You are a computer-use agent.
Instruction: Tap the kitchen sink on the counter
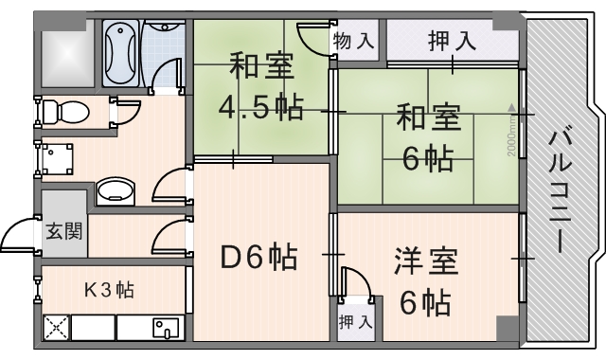pos(166,329)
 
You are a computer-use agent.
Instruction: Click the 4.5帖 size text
pos(260,106)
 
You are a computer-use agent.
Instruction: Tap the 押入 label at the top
pos(452,41)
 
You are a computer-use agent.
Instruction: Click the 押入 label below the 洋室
pos(355,321)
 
